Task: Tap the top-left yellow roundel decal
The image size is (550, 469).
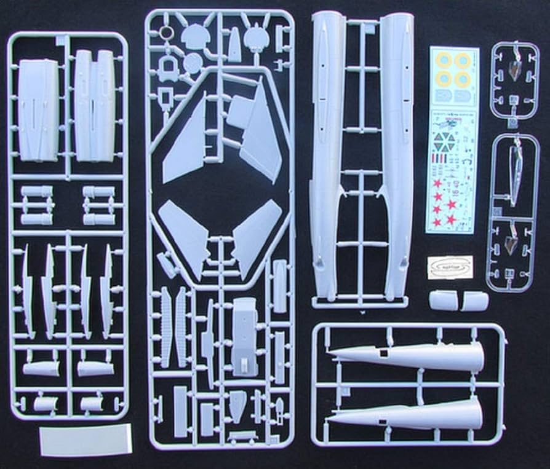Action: [444, 60]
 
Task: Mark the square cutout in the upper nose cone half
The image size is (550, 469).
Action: [383, 353]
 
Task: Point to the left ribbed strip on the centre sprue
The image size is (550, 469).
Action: [165, 326]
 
